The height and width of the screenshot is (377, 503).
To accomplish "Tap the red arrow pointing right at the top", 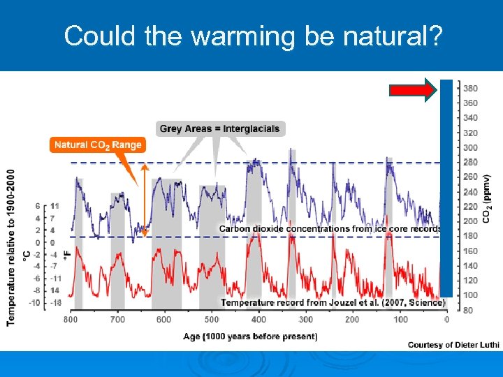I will click(x=413, y=89).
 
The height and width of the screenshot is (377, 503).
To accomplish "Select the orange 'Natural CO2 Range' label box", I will click(x=98, y=145).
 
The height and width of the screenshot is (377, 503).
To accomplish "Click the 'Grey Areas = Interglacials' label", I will click(x=219, y=128).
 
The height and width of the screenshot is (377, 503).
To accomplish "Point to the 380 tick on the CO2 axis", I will click(x=470, y=89).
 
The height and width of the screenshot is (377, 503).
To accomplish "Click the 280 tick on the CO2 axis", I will click(x=470, y=163).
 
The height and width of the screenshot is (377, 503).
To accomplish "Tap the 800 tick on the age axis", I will click(x=71, y=320).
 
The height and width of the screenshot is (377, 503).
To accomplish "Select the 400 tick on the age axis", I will click(x=258, y=320).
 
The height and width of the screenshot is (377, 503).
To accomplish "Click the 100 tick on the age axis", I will click(x=400, y=320).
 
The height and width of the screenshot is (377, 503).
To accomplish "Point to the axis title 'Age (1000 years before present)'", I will click(x=250, y=337).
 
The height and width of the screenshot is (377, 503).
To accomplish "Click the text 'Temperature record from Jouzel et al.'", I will click(x=332, y=302).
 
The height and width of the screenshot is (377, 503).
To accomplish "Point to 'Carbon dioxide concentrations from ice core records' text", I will click(x=330, y=228).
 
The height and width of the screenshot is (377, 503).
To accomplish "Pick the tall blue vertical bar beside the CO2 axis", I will click(x=446, y=188).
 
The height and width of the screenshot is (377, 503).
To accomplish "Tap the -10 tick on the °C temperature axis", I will click(x=34, y=303).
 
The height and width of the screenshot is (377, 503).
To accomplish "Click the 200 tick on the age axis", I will click(x=351, y=320).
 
